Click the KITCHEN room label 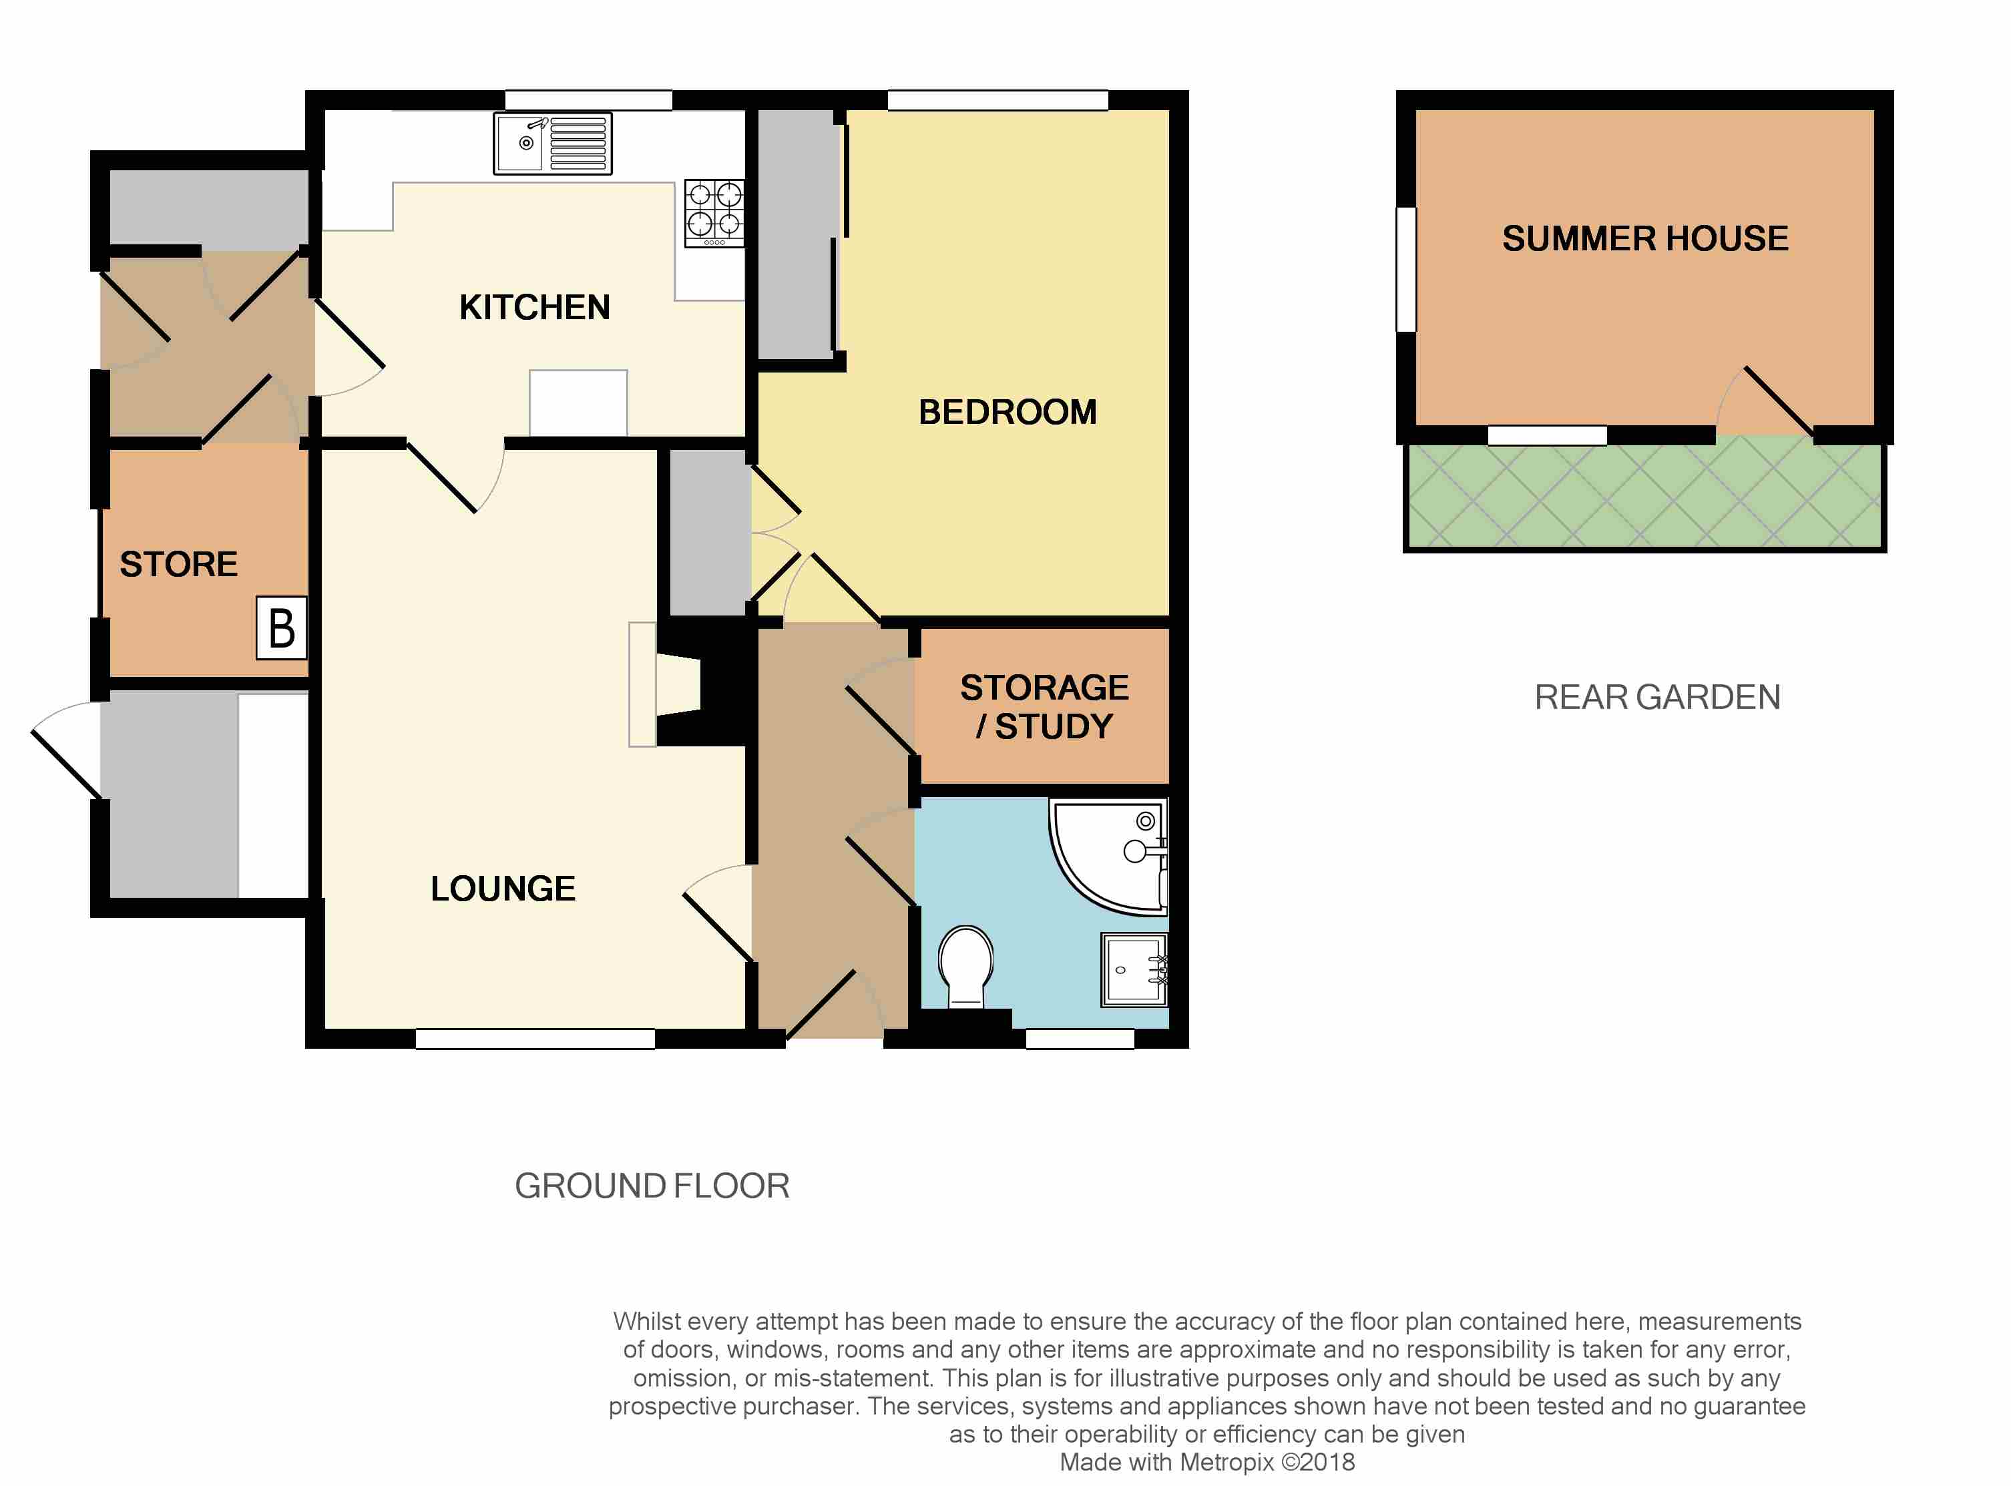tap(535, 308)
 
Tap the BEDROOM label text tap(1008, 412)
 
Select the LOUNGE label tap(503, 889)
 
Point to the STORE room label tap(179, 564)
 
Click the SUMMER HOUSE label tap(1646, 238)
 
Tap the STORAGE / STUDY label tap(1045, 707)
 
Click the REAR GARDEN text tap(1657, 697)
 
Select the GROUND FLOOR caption tap(652, 1186)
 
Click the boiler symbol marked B tap(282, 628)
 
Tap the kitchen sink tap(552, 143)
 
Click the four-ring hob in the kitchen tap(714, 213)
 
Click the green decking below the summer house tap(1645, 494)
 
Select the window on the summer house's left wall tap(1405, 269)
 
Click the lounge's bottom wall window tap(535, 1039)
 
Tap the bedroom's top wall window tap(998, 100)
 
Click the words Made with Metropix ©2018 tap(1208, 1462)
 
